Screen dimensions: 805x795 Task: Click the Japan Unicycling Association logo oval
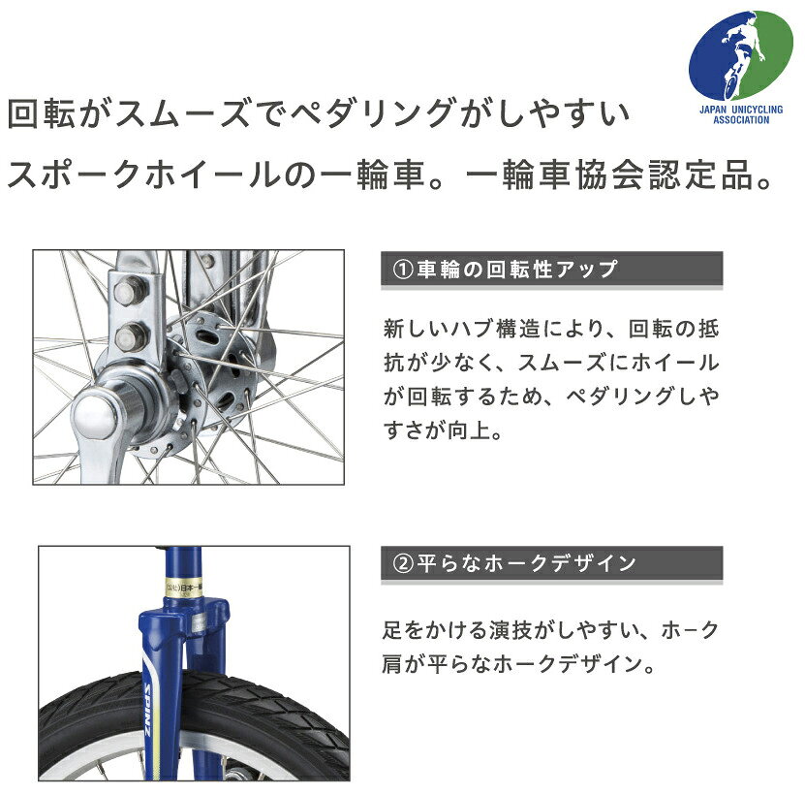740,55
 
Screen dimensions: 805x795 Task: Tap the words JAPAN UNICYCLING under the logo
741,110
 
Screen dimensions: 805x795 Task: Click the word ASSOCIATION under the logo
741,120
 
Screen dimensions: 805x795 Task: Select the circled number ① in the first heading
403,269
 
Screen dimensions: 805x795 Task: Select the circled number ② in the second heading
403,563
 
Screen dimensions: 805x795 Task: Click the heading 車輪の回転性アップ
517,269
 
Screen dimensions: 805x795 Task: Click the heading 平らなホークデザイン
527,563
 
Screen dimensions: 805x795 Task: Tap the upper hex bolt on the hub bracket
129,291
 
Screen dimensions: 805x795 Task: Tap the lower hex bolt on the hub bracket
131,336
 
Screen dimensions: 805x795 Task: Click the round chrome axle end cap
95,415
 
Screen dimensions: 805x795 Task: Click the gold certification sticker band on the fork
183,588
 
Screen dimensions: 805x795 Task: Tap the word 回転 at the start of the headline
42,113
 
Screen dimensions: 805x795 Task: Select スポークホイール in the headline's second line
143,175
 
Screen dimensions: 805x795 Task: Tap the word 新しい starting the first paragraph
415,329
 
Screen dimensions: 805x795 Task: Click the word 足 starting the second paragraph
393,630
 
